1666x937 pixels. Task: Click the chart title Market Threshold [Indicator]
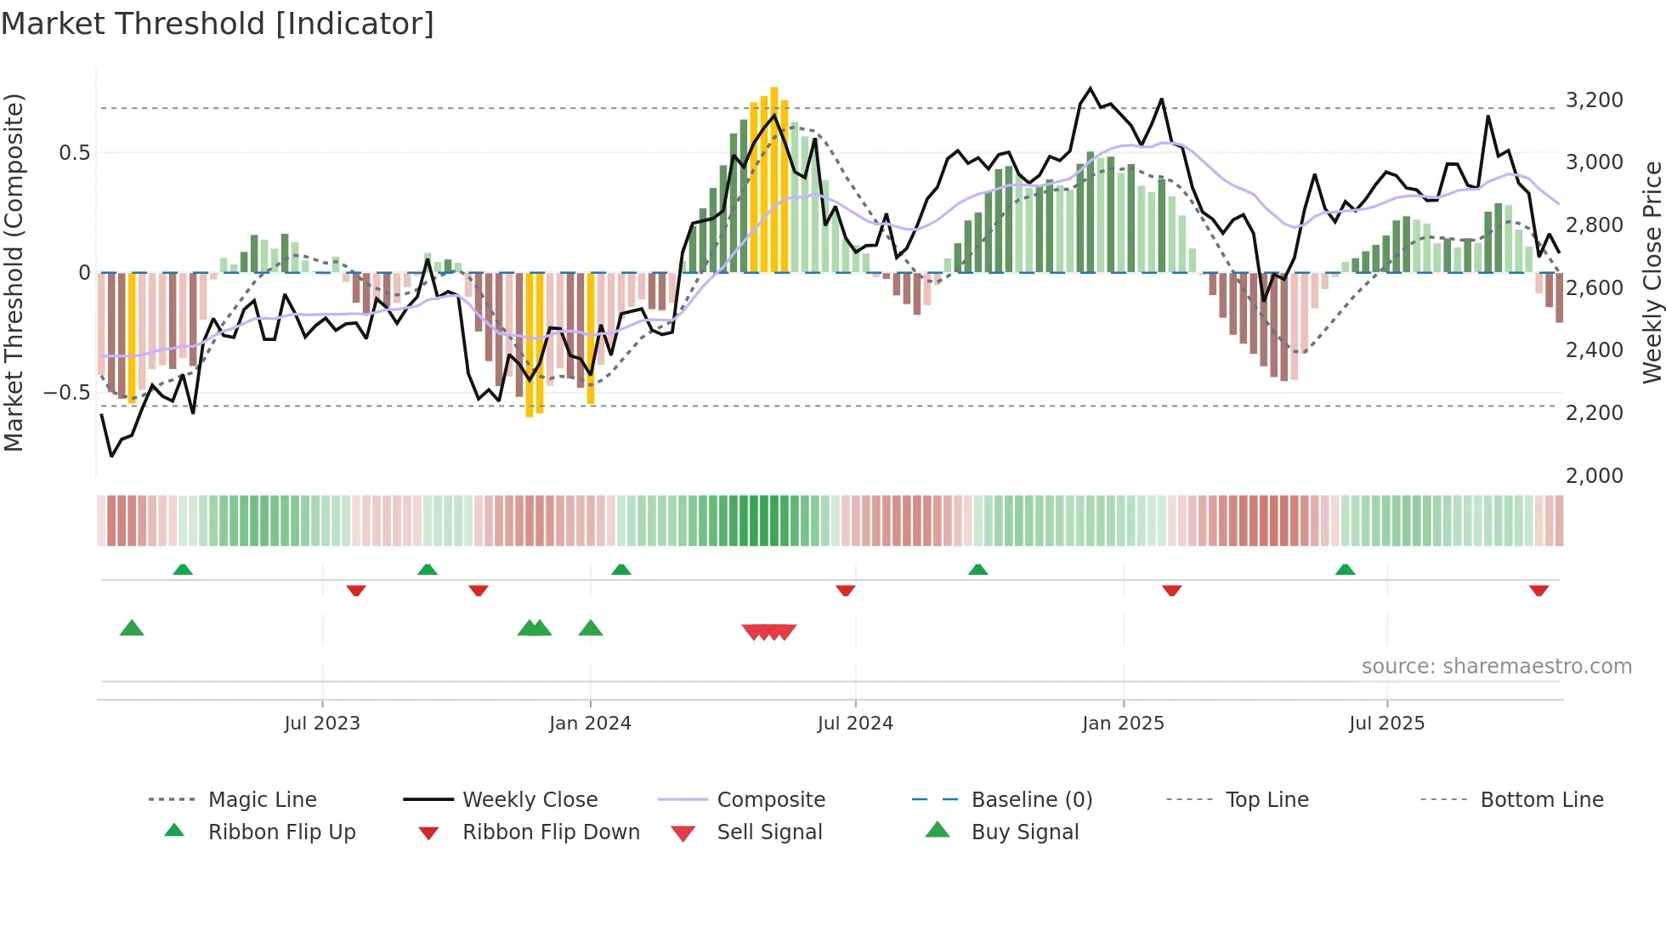[x=218, y=24]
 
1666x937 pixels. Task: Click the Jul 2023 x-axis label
[x=322, y=723]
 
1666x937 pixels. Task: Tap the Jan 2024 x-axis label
[x=590, y=723]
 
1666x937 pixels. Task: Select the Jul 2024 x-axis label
[x=855, y=723]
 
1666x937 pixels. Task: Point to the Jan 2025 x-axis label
[x=1123, y=723]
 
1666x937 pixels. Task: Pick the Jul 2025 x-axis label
[x=1386, y=723]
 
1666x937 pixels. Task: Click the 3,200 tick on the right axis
[x=1594, y=99]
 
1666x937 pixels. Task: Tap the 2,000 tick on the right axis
[x=1594, y=475]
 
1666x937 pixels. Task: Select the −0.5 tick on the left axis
[x=67, y=392]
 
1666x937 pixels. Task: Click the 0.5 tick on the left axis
[x=74, y=152]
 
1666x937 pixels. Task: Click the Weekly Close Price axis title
[x=1652, y=272]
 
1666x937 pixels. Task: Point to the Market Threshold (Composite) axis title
[x=14, y=272]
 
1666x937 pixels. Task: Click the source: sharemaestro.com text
[x=1496, y=666]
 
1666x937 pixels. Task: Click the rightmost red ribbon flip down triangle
[x=1538, y=590]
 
